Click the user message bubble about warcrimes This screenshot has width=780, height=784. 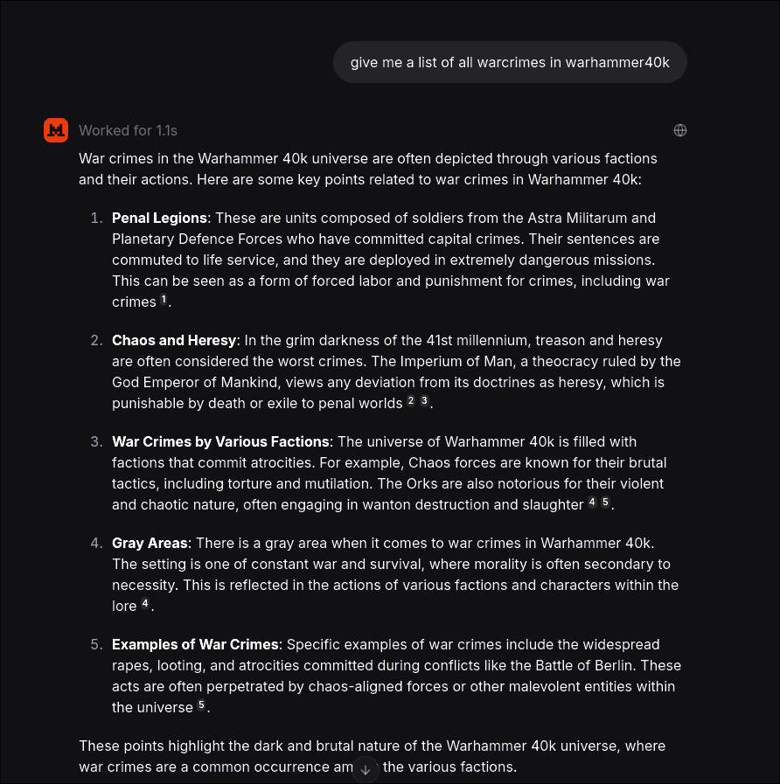pos(510,62)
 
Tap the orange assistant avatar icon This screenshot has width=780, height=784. pos(56,130)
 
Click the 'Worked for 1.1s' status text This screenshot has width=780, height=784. pos(128,130)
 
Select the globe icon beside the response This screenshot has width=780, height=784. pos(680,130)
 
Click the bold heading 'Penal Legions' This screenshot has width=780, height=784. pos(159,218)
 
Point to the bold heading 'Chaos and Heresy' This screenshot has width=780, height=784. pos(174,340)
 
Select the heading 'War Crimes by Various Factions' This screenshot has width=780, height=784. pos(221,441)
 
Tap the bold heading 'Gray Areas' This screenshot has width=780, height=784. pos(150,543)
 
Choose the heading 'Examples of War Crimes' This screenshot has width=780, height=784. pos(195,644)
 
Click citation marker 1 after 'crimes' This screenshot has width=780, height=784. pos(164,301)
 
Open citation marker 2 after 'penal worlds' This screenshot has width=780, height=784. pos(411,402)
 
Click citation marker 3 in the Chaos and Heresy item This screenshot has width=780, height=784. pos(424,402)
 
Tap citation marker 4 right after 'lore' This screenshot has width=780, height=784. pos(145,605)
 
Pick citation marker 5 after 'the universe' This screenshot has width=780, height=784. pos(201,706)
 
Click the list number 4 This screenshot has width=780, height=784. pos(96,543)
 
